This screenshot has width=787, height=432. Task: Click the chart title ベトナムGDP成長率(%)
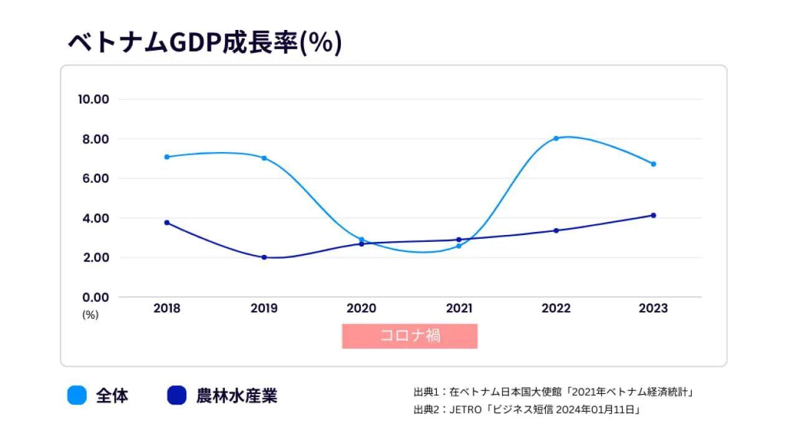tap(205, 43)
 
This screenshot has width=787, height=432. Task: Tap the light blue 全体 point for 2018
tap(167, 156)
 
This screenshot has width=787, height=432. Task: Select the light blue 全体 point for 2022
tap(556, 138)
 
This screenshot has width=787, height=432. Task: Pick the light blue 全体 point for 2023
tap(654, 164)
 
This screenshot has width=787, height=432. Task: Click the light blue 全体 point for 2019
tap(264, 158)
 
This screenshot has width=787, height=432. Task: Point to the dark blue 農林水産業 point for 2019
tap(264, 257)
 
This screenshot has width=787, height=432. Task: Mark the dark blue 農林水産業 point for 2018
tap(167, 223)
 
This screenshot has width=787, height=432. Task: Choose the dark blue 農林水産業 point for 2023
tap(654, 215)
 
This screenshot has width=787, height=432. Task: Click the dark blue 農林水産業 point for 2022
tap(556, 231)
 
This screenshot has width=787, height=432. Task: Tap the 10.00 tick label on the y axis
tap(93, 99)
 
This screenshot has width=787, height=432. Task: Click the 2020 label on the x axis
tap(361, 309)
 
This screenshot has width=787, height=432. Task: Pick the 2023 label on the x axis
tap(653, 309)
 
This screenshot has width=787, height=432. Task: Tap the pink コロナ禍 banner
tap(409, 336)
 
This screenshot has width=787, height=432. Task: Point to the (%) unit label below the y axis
tap(90, 315)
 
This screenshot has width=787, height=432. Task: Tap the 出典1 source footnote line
tap(553, 392)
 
